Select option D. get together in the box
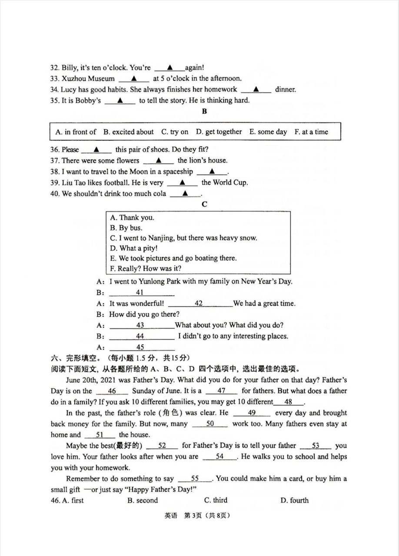(x=219, y=132)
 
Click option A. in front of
(x=76, y=132)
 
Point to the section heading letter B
(x=204, y=112)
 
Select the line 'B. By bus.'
(x=126, y=228)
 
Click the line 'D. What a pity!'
(x=133, y=248)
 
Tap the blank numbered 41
(x=140, y=293)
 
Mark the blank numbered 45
(x=140, y=347)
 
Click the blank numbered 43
(x=140, y=325)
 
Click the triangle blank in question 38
(x=212, y=172)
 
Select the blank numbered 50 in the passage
(x=210, y=424)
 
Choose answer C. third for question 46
(x=216, y=500)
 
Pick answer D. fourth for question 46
(x=294, y=500)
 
